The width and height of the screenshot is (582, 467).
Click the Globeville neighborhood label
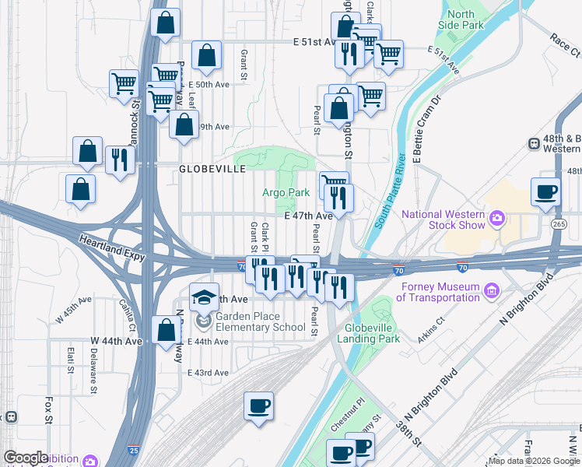pyautogui.click(x=212, y=168)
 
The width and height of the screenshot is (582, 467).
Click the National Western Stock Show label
pyautogui.click(x=443, y=220)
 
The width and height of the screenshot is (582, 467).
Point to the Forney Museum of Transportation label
pyautogui.click(x=440, y=292)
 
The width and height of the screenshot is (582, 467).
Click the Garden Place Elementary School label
pyautogui.click(x=260, y=321)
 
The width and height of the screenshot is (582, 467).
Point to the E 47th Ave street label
pyautogui.click(x=308, y=216)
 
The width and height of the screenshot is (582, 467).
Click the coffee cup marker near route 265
pyautogui.click(x=545, y=191)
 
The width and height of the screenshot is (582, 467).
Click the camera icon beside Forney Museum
pyautogui.click(x=491, y=292)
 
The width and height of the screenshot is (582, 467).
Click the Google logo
pyautogui.click(x=26, y=458)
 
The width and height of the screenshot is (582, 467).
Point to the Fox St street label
pyautogui.click(x=47, y=406)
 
